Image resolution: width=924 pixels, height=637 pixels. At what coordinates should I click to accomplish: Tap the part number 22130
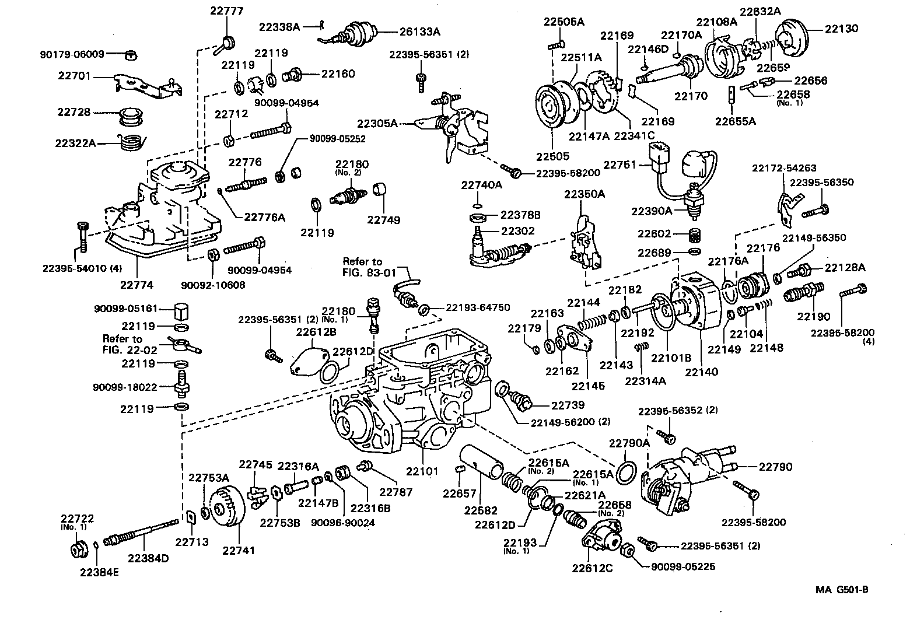point(841,29)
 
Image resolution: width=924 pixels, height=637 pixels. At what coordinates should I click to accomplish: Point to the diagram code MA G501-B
point(842,590)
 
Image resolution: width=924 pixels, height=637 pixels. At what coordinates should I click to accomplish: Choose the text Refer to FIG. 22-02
point(122,344)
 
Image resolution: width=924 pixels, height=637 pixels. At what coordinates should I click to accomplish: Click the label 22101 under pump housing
point(422,470)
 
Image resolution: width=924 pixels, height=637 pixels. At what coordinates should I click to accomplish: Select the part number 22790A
point(629,443)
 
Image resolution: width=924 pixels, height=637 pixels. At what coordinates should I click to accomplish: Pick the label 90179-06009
point(72,54)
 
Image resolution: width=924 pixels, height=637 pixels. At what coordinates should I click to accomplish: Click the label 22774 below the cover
point(136,285)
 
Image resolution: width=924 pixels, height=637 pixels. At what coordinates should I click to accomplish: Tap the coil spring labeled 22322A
point(129,142)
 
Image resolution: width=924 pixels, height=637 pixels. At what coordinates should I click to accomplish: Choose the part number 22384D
point(148,558)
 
